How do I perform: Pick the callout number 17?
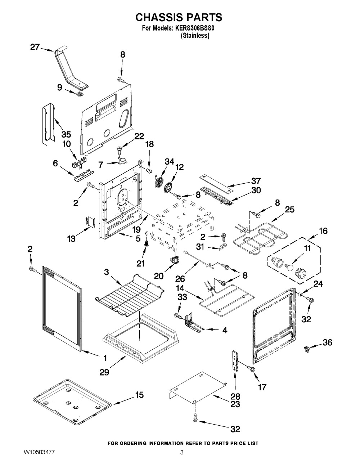(262, 387)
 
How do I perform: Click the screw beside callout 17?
(251, 369)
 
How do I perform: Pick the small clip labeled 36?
(307, 348)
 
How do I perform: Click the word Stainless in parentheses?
(195, 36)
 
